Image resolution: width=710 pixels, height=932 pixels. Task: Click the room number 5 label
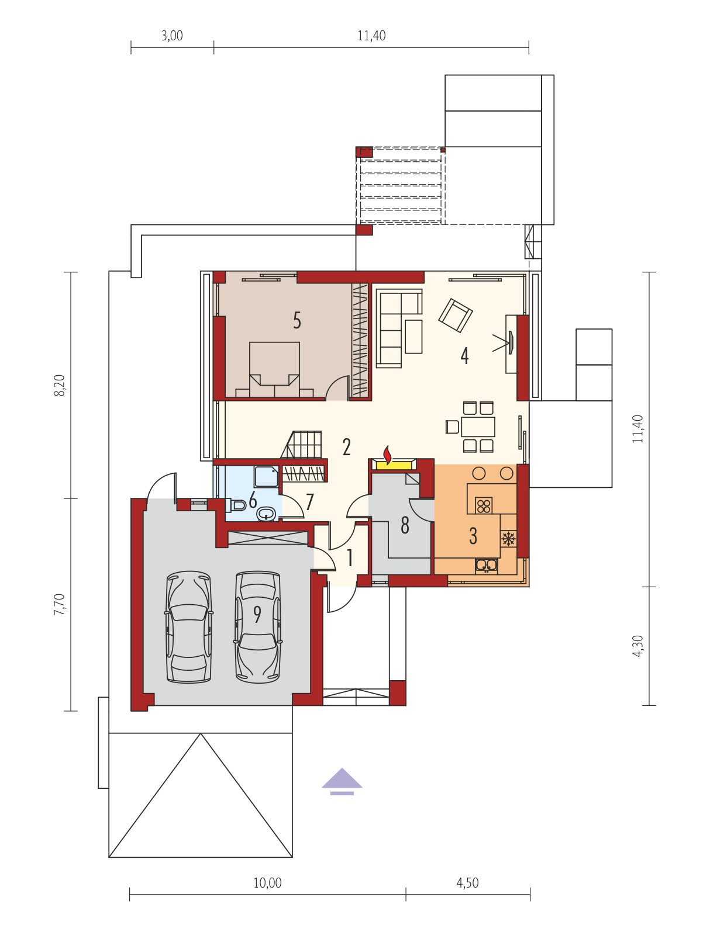tap(297, 321)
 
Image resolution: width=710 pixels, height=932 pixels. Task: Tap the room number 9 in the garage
tap(257, 614)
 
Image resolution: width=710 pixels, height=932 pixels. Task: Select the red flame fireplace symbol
tap(387, 455)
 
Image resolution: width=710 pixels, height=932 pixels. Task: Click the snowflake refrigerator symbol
tap(508, 539)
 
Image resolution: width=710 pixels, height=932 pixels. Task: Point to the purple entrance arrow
tap(342, 782)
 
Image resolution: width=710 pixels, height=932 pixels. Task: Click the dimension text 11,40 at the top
tap(371, 36)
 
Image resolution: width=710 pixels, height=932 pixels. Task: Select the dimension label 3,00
tap(172, 36)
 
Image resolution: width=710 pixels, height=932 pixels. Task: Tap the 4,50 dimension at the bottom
tap(467, 883)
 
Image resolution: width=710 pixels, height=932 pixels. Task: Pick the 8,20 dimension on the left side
tap(60, 385)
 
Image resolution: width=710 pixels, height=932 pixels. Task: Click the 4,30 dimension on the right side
tap(637, 646)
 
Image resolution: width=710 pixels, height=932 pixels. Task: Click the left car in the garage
tap(189, 627)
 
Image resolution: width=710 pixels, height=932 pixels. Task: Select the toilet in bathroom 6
tap(236, 505)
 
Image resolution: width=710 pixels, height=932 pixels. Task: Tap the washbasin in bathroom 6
tap(266, 514)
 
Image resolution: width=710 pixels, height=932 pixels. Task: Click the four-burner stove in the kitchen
tap(484, 505)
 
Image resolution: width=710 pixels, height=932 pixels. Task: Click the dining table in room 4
tap(478, 427)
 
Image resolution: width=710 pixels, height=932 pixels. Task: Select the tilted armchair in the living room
tap(456, 315)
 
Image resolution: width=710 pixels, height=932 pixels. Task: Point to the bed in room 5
tap(274, 369)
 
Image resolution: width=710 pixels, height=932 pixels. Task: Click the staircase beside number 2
tap(301, 445)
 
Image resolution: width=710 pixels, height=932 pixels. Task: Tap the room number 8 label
tap(405, 525)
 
